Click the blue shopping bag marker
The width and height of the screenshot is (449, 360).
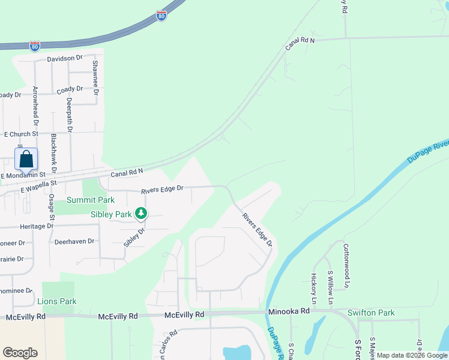[x=26, y=160]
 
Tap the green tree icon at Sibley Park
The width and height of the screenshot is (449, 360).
[x=140, y=213]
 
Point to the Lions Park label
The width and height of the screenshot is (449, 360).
[x=57, y=301]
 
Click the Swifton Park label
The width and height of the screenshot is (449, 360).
[x=371, y=313]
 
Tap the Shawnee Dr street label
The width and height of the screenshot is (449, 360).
[x=95, y=73]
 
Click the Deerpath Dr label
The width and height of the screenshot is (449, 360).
[x=70, y=115]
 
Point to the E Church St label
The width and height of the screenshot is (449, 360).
[x=21, y=134]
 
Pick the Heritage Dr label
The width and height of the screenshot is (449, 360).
[x=37, y=226]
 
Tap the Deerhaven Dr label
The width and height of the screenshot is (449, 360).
[x=74, y=241]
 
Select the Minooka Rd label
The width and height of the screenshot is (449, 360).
[x=288, y=311]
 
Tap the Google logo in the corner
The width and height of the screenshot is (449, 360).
[x=20, y=353]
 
